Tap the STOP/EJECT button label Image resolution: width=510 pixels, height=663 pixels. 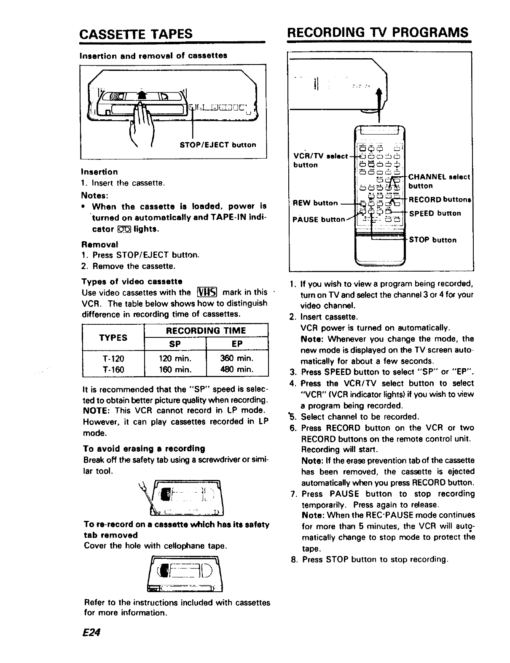pos(217,145)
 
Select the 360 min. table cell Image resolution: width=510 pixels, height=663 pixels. pos(237,358)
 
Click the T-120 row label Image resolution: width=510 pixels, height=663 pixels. pos(113,358)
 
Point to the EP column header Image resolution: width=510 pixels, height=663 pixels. pos(237,344)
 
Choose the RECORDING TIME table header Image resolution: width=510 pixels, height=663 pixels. pos(206,331)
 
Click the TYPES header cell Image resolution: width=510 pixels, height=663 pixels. pos(113,337)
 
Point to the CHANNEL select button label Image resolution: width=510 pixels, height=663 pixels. pos(439,181)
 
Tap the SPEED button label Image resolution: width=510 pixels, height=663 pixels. pos(435,213)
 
